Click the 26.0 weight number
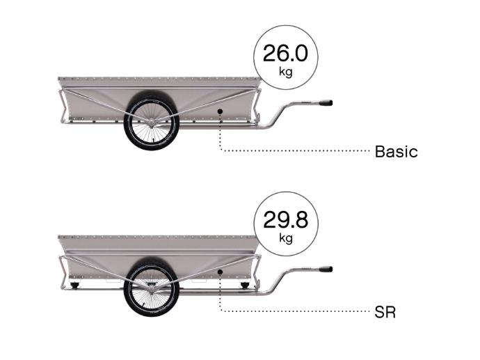point(285,54)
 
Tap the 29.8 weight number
point(285,219)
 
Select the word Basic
point(396,152)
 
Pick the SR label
point(385,312)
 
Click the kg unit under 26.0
point(286,72)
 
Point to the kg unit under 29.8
point(286,238)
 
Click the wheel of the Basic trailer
point(151,123)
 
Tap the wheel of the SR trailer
point(151,289)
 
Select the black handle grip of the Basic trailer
point(326,102)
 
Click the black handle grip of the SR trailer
point(326,269)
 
